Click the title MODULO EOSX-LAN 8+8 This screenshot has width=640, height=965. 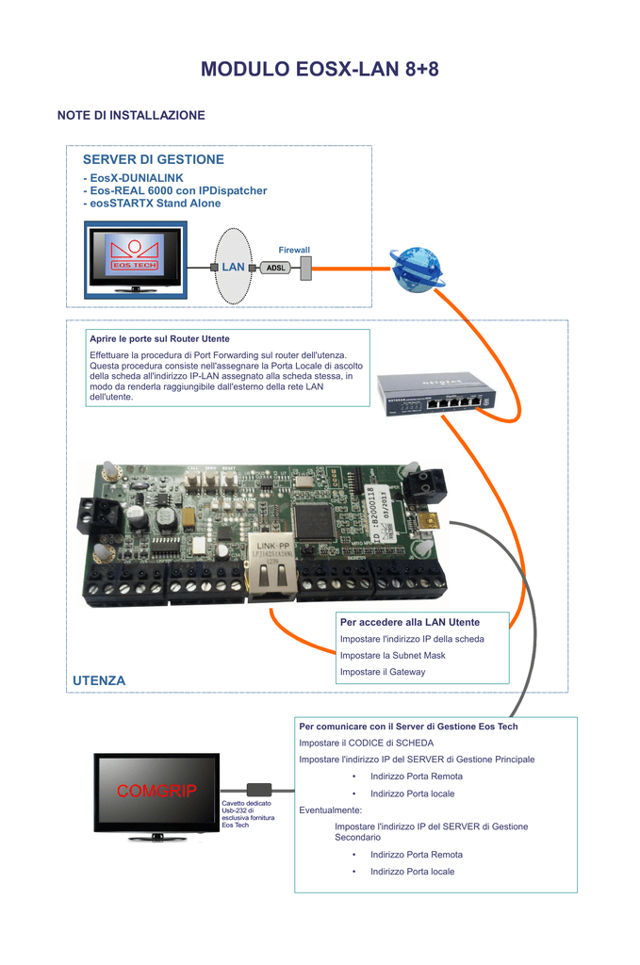(x=320, y=70)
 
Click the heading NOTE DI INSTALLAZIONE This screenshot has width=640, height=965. (x=131, y=115)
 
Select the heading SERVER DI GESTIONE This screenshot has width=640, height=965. (x=154, y=159)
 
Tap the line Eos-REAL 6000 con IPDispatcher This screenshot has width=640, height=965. (x=175, y=190)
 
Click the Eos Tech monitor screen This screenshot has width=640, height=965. (x=136, y=258)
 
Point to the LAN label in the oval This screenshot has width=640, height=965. (x=233, y=267)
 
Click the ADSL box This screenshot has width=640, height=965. (x=275, y=268)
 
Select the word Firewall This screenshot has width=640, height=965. (x=294, y=250)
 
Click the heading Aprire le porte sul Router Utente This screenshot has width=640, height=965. (x=159, y=338)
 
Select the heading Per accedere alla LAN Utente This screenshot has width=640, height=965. (x=410, y=622)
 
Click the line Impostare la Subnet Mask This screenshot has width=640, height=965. (x=392, y=655)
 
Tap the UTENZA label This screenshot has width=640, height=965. (x=99, y=680)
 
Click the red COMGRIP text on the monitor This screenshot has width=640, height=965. (x=156, y=792)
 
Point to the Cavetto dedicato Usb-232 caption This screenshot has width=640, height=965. (x=248, y=813)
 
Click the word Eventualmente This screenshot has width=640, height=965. (x=331, y=810)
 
